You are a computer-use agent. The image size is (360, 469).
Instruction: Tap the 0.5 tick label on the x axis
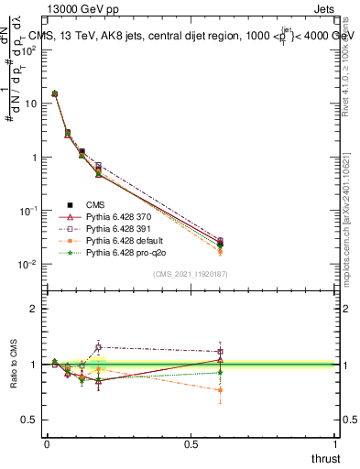[x=191, y=444]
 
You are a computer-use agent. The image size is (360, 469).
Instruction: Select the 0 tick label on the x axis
[x=47, y=444]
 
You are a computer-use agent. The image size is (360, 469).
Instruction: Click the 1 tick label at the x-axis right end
[x=333, y=444]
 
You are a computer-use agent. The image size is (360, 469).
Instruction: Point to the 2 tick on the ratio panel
[x=33, y=309]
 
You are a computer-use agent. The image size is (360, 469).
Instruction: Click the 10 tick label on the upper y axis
[x=29, y=104]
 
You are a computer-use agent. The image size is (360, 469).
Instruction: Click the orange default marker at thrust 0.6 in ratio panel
[x=220, y=390]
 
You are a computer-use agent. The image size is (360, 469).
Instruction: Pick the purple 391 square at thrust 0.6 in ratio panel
[x=220, y=352]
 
